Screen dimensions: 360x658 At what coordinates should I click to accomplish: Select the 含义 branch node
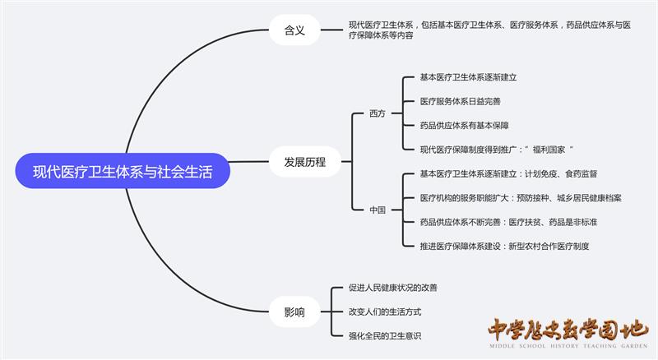pyautogui.click(x=294, y=30)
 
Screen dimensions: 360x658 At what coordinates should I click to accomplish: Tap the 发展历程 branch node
pyautogui.click(x=299, y=162)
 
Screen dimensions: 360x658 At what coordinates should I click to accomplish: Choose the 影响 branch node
pyautogui.click(x=294, y=312)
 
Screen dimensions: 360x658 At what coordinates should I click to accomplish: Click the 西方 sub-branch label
pyautogui.click(x=378, y=113)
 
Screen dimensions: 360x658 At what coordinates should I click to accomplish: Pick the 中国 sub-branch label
pyautogui.click(x=378, y=210)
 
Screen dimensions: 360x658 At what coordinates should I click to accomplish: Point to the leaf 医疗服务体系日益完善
pyautogui.click(x=460, y=101)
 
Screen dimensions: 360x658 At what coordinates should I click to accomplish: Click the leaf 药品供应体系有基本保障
pyautogui.click(x=464, y=125)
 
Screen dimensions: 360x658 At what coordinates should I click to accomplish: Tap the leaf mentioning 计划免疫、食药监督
pyautogui.click(x=508, y=173)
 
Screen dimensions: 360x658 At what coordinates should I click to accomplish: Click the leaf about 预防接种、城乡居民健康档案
pyautogui.click(x=521, y=197)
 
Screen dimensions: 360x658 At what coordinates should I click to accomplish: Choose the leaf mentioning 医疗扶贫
pyautogui.click(x=508, y=222)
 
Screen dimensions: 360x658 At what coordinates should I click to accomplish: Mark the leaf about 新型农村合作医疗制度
pyautogui.click(x=504, y=246)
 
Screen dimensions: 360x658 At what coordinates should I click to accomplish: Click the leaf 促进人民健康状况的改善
pyautogui.click(x=393, y=288)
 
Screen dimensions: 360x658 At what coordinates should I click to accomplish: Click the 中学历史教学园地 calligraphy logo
pyautogui.click(x=567, y=328)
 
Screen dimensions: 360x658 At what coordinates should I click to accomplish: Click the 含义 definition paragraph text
pyautogui.click(x=489, y=30)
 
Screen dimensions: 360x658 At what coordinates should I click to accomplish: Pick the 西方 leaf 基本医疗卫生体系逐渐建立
pyautogui.click(x=468, y=77)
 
